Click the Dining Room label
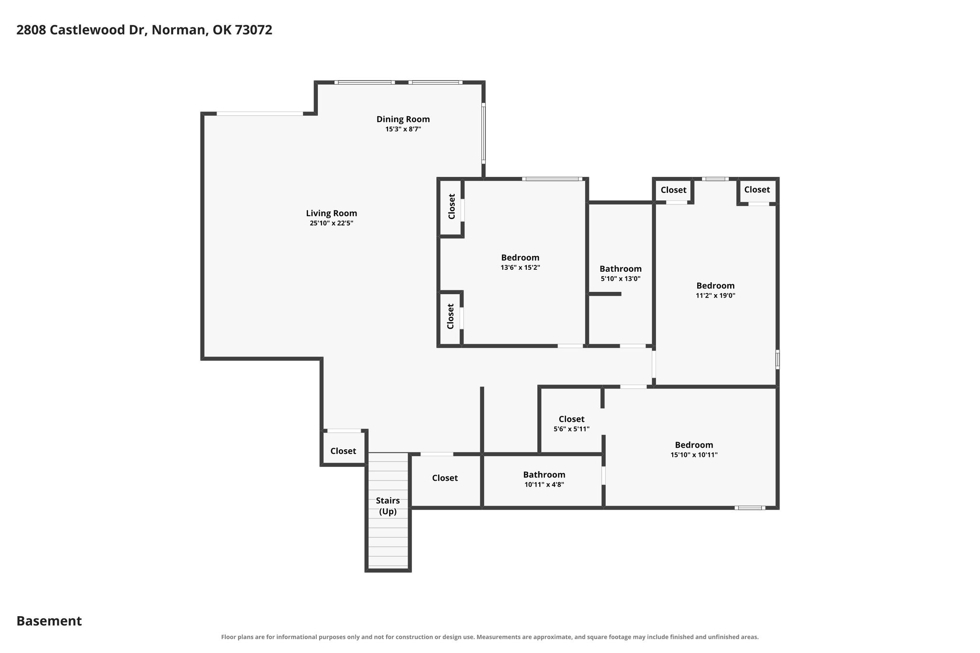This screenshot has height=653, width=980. [x=403, y=119]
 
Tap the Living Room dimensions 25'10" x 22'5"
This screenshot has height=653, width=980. [x=331, y=223]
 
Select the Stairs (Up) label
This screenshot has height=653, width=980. [x=388, y=506]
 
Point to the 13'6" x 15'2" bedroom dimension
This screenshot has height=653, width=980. [x=520, y=267]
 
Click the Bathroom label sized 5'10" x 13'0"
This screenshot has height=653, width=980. [x=620, y=269]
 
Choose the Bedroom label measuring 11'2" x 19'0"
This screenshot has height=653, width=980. [x=715, y=286]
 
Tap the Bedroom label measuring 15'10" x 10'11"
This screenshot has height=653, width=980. [x=694, y=445]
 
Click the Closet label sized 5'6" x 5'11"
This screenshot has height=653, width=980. [x=571, y=419]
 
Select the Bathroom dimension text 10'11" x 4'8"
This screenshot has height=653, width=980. [x=544, y=484]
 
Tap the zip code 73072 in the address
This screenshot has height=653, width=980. [x=254, y=30]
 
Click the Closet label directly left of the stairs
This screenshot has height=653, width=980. [x=343, y=451]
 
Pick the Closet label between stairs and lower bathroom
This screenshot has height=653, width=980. [x=445, y=478]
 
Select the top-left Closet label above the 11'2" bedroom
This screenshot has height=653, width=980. [x=673, y=190]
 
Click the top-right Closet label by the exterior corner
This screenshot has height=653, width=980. [x=757, y=189]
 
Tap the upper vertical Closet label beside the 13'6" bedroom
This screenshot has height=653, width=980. [x=452, y=207]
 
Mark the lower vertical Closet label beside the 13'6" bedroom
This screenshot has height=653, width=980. [x=450, y=317]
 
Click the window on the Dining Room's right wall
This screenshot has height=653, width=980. [x=483, y=133]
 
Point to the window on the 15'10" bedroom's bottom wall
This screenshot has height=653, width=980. [x=750, y=508]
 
